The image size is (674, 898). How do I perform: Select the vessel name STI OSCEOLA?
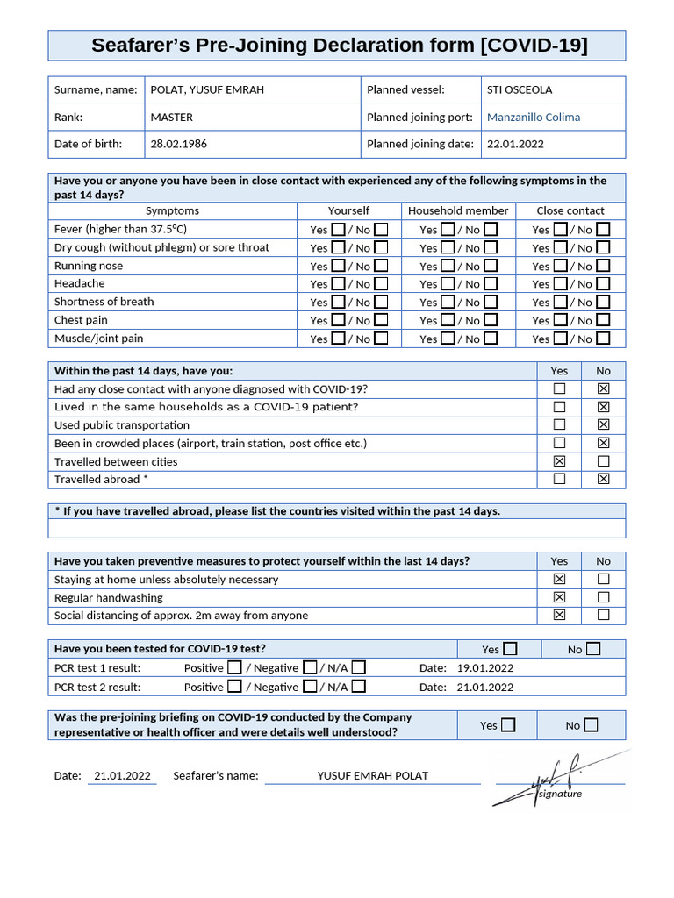[x=520, y=89]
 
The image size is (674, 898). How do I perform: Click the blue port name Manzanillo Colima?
[x=533, y=117]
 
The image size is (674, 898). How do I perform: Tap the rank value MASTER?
[x=171, y=117]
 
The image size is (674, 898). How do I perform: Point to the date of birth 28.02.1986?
[x=178, y=144]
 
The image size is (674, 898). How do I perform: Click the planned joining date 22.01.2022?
[x=515, y=144]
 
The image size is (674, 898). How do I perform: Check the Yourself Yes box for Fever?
[x=338, y=230]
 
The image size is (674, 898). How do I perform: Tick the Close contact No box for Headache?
[x=603, y=284]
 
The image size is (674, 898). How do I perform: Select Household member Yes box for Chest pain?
[x=448, y=320]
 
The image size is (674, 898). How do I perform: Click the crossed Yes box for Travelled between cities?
[x=559, y=461]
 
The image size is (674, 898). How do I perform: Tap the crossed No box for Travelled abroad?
[x=603, y=479]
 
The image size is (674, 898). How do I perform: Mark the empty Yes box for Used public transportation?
[x=559, y=425]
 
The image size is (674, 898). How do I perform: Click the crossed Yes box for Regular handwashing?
[x=559, y=597]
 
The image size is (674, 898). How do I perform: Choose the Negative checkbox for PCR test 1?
[x=310, y=667]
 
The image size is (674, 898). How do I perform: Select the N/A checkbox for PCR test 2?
[x=359, y=687]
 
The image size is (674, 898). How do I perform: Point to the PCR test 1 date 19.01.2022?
[x=485, y=668]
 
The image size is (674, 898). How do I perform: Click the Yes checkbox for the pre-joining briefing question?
[x=508, y=725]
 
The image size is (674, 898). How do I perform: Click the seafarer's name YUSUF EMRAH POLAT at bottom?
[x=373, y=775]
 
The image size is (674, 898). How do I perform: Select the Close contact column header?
[x=570, y=210]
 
